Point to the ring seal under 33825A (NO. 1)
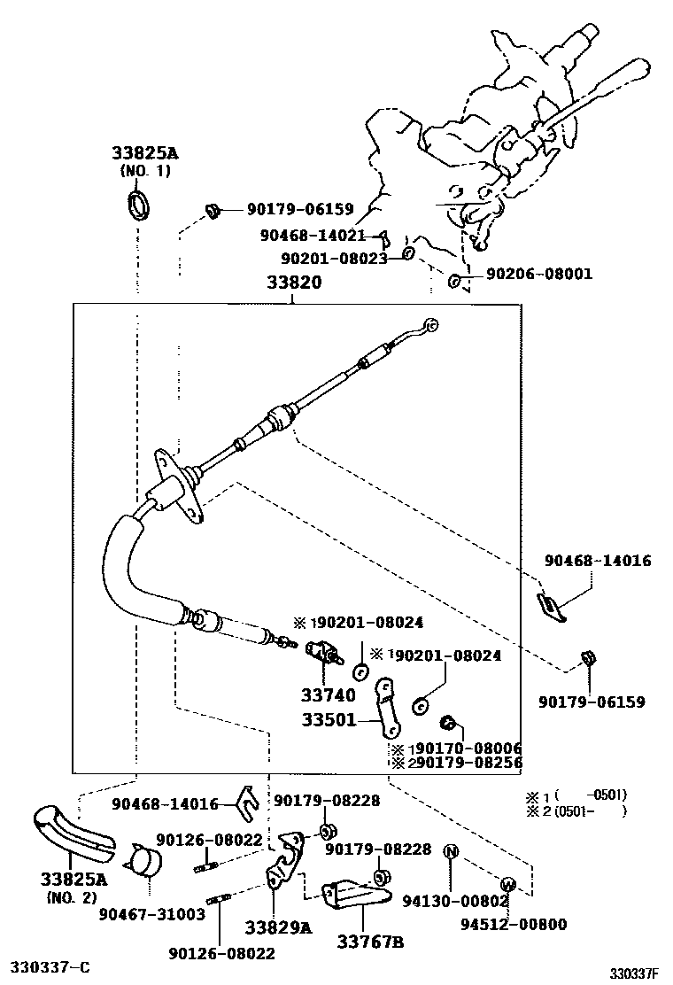139,205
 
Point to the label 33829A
278,927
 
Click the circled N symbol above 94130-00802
450,852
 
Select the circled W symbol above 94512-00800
508,883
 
